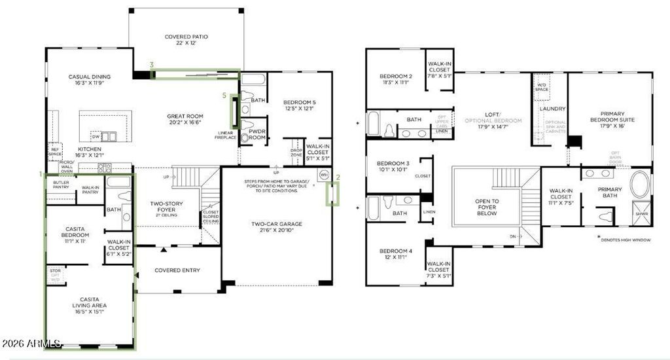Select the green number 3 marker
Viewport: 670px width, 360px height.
(x=152, y=65)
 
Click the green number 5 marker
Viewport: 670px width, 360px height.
(x=224, y=96)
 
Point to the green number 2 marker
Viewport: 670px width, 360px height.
(x=338, y=177)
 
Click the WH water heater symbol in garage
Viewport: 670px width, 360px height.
(x=323, y=175)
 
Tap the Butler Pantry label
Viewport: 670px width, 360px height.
(x=61, y=185)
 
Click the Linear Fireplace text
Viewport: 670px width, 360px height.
(x=226, y=135)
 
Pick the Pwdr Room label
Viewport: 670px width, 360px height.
(x=256, y=134)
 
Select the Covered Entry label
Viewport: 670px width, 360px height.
(x=177, y=270)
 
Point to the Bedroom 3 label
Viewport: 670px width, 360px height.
(x=393, y=166)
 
